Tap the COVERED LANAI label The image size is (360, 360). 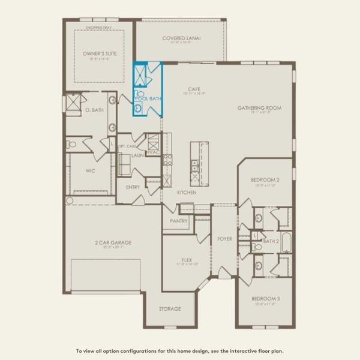click(181, 38)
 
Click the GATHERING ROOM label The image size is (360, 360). click(259, 108)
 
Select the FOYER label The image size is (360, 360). click(224, 239)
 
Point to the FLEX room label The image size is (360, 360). click(187, 260)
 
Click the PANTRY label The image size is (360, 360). click(179, 221)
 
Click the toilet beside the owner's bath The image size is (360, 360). click(72, 144)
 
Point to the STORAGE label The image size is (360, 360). click(170, 308)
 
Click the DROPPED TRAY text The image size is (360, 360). click(99, 28)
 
